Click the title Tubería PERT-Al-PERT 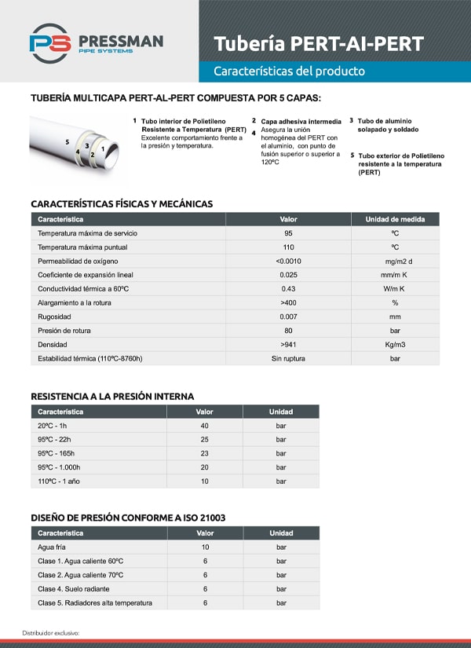[319, 43]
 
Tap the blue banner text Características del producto [289, 71]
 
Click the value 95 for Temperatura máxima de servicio [288, 233]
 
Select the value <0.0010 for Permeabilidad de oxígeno [288, 261]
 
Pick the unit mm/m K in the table [395, 275]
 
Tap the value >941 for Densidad [288, 345]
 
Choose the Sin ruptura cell [288, 359]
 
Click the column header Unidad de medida [395, 219]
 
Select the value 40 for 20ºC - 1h [204, 426]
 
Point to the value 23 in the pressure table [204, 453]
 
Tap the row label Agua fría [53, 547]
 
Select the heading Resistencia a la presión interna [112, 397]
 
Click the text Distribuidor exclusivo [50, 632]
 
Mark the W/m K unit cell [395, 289]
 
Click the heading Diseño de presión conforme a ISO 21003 [128, 518]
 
